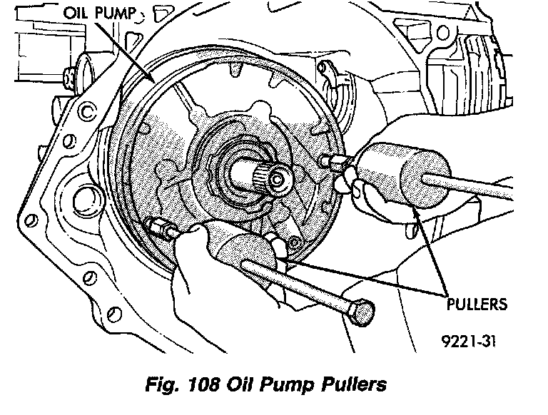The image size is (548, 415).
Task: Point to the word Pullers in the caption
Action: pyautogui.click(x=350, y=385)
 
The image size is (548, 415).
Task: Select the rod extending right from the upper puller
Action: pyautogui.click(x=478, y=188)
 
